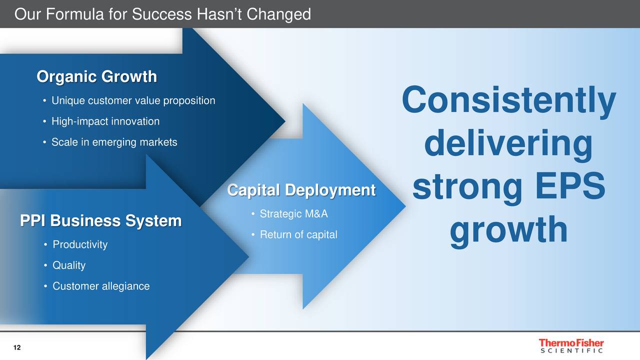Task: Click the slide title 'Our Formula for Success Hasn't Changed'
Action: [x=162, y=14]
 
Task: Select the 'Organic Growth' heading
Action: [x=97, y=76]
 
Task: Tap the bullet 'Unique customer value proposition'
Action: [x=133, y=100]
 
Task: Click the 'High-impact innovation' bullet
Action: [x=105, y=121]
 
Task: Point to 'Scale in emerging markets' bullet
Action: [x=114, y=142]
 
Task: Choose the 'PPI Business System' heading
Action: [x=101, y=221]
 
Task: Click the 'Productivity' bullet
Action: [x=80, y=244]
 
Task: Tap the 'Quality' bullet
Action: [x=69, y=265]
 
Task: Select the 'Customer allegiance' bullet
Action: [x=101, y=286]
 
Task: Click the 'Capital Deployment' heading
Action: [x=301, y=190]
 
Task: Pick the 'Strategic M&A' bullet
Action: [x=293, y=213]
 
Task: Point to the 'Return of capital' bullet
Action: [x=298, y=234]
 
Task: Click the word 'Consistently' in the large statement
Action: [x=509, y=101]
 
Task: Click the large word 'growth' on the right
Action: [x=509, y=231]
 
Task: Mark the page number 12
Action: [x=17, y=347]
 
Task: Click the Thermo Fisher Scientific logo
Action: [x=571, y=345]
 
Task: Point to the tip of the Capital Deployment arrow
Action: [x=405, y=205]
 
